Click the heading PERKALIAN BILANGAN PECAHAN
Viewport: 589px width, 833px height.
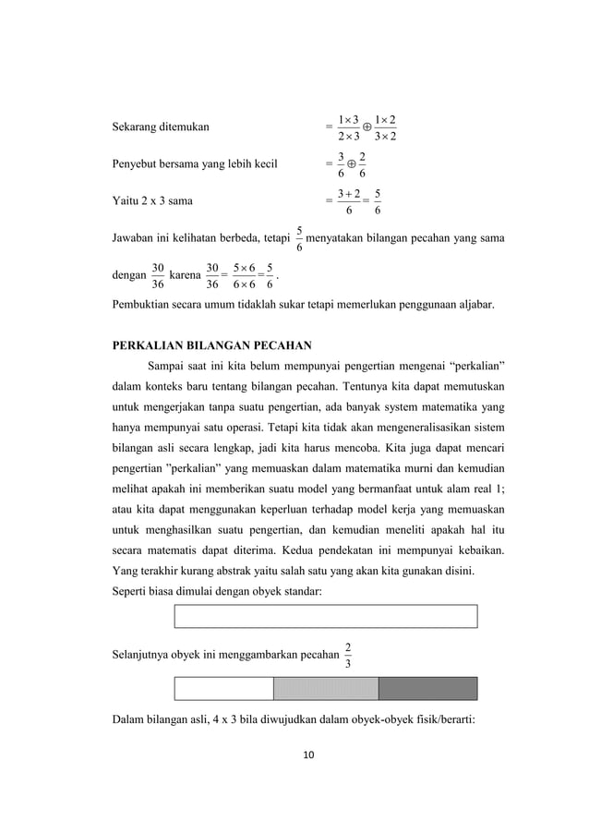pos(210,347)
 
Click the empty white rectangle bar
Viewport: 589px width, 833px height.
pos(325,616)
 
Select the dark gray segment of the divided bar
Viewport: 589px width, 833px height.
pos(427,689)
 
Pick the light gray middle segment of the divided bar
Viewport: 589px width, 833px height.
pos(326,689)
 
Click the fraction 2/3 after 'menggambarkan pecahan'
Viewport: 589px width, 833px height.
pos(346,655)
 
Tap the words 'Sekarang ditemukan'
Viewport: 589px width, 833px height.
pos(160,127)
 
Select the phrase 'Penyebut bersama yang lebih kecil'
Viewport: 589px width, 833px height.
pos(198,165)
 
